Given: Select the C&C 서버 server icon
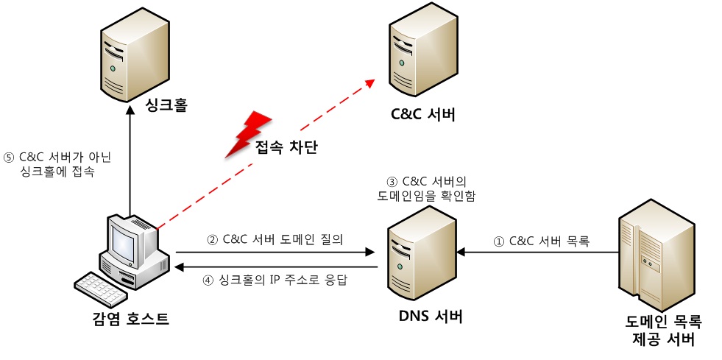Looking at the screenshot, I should tap(419, 55).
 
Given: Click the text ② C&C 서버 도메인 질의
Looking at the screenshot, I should tap(275, 239).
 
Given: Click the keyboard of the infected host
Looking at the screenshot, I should tap(102, 289).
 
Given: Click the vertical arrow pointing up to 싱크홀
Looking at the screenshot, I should tap(130, 162).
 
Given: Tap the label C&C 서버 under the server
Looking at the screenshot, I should tap(422, 115).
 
